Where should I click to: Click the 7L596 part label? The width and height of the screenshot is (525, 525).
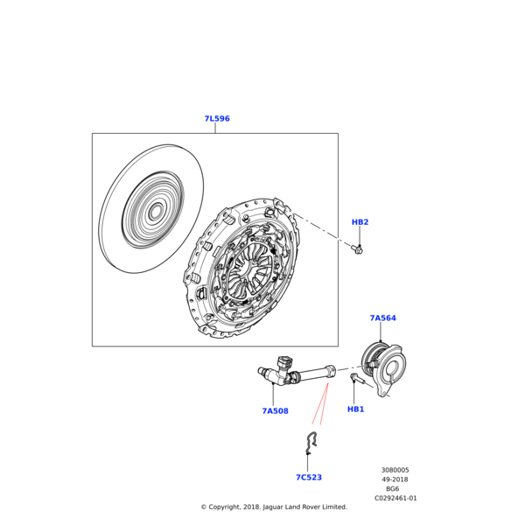[217, 118]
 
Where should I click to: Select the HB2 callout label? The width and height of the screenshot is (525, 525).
[360, 222]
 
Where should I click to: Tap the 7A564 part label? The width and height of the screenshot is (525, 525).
[382, 318]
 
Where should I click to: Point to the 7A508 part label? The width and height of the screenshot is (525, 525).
[275, 411]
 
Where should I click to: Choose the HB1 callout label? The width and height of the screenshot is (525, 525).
[355, 409]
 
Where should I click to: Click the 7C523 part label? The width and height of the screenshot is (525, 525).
[309, 477]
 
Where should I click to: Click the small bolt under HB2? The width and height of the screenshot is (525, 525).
[357, 249]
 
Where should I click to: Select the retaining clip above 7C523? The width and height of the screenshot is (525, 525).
[311, 443]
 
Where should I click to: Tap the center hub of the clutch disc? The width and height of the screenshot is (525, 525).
[155, 212]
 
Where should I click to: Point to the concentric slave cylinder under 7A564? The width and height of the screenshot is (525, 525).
[384, 368]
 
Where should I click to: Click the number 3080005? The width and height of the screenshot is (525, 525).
[395, 470]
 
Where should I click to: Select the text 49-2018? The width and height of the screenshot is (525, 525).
[395, 479]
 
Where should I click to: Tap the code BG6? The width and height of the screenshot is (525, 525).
[392, 489]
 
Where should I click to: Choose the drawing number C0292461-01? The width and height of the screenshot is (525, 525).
[395, 498]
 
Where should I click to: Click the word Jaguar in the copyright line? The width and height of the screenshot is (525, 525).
[272, 507]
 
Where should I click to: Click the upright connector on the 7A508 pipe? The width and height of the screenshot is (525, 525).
[283, 364]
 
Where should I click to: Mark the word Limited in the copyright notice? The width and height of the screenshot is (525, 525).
[335, 507]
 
